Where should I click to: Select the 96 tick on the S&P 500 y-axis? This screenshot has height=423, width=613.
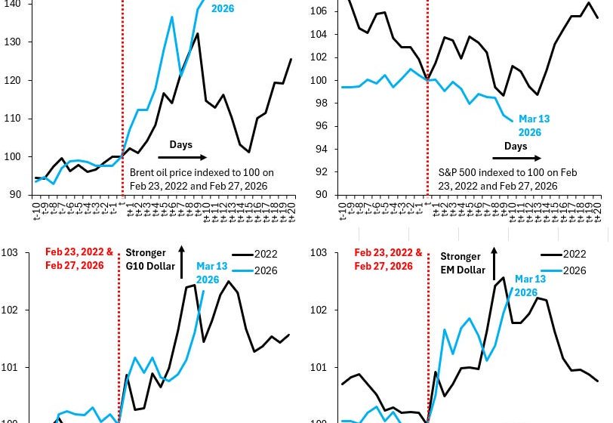[x=321, y=126]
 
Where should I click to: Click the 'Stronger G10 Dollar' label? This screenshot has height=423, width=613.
[x=149, y=259]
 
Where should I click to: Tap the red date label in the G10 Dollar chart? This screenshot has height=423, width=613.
[x=79, y=259]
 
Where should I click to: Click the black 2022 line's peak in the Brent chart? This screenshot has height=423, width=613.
[x=197, y=33]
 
